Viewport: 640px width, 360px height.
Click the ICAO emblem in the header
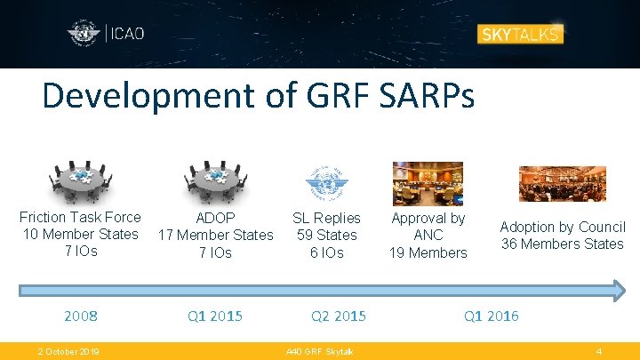click(84, 35)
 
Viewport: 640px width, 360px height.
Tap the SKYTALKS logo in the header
click(520, 35)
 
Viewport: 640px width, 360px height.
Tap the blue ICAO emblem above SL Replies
click(326, 181)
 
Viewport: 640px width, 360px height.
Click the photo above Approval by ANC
click(428, 182)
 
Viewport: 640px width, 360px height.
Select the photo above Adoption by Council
click(562, 184)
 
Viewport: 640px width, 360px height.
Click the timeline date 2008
click(80, 316)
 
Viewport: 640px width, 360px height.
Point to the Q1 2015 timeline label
click(214, 316)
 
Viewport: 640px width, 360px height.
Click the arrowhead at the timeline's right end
click(618, 289)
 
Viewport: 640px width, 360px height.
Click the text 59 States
click(326, 235)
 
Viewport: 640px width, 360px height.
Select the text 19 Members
click(428, 252)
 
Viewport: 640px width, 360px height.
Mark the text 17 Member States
click(215, 235)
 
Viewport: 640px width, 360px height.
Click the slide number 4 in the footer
click(599, 351)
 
